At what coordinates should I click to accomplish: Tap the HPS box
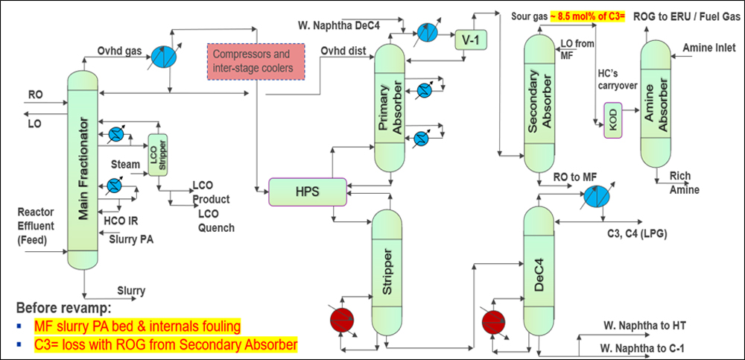tap(307, 192)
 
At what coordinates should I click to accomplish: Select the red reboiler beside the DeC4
tap(492, 322)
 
